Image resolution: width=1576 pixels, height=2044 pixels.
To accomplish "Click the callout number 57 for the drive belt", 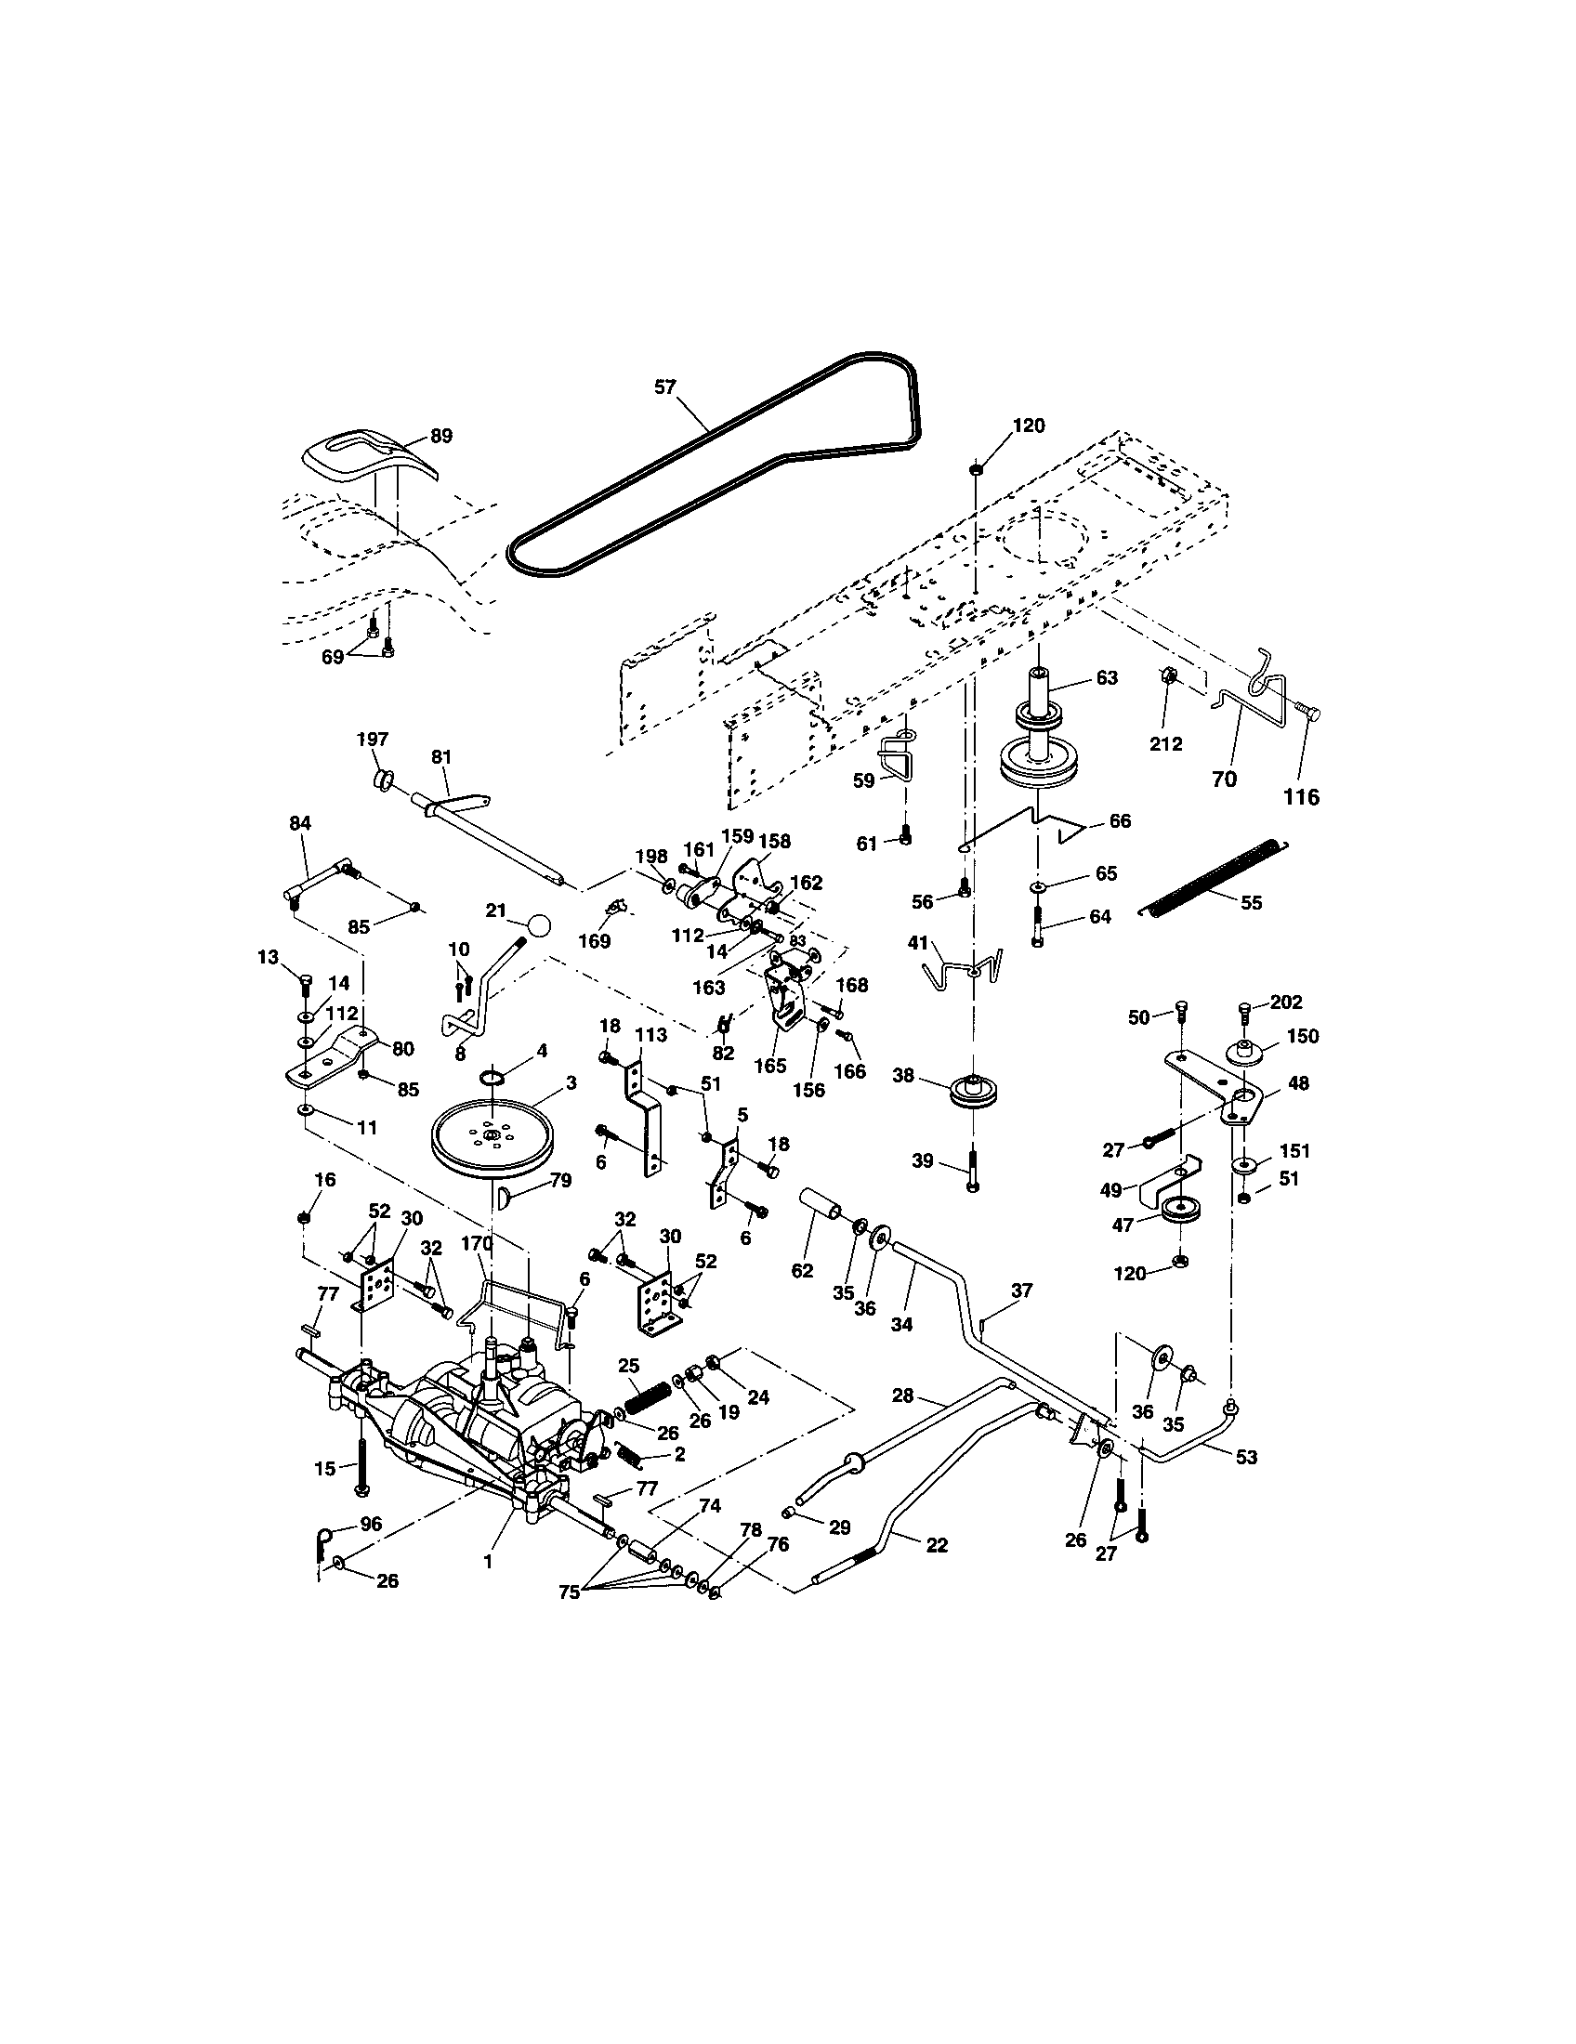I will (x=663, y=387).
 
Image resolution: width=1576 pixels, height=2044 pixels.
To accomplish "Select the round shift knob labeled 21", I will (x=539, y=924).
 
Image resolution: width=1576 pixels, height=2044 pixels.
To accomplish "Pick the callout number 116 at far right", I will (x=1301, y=796).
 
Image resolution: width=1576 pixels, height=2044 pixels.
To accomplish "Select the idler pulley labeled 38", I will (x=973, y=1093).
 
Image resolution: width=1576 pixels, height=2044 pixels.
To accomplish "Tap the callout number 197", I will (x=372, y=740).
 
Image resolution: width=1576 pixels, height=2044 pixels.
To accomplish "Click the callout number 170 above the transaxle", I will (x=477, y=1244).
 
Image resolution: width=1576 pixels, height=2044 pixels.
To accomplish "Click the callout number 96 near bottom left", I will (x=371, y=1524).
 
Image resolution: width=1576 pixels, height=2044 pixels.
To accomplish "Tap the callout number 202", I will (x=1287, y=1002).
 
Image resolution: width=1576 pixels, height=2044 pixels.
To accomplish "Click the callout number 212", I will (x=1165, y=744).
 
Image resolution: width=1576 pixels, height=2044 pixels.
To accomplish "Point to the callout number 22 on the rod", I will (x=936, y=1545).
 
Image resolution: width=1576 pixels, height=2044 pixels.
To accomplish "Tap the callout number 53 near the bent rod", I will (x=1245, y=1457).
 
